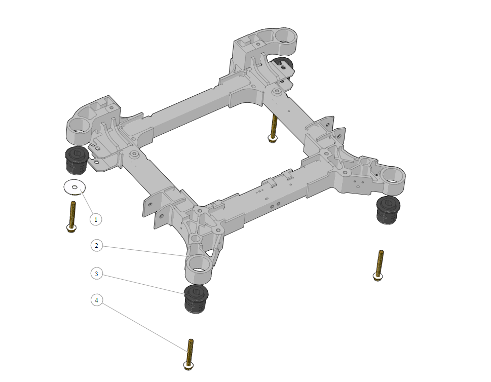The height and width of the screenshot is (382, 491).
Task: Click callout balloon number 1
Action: (x=96, y=219)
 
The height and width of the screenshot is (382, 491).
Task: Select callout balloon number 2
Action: (x=96, y=246)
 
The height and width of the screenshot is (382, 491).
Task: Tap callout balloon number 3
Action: (x=96, y=274)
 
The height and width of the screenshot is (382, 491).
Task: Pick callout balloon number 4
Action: (x=96, y=300)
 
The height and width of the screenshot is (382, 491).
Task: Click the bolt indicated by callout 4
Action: (x=189, y=355)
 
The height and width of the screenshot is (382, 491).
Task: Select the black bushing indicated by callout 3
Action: (x=196, y=299)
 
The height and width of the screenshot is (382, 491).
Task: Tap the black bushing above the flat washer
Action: (x=77, y=160)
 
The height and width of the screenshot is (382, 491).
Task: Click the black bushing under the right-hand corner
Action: (x=388, y=210)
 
